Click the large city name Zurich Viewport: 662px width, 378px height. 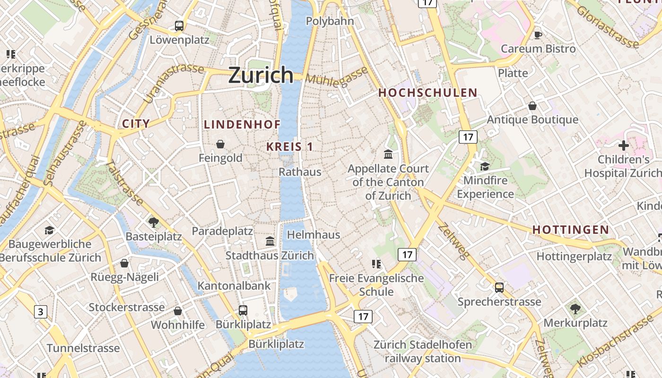point(261,75)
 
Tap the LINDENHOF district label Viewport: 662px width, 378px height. point(242,124)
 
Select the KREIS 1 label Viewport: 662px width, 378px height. point(289,146)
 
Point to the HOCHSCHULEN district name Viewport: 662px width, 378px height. point(428,93)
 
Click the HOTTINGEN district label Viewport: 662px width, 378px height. point(571,230)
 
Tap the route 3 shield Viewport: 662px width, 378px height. point(41,312)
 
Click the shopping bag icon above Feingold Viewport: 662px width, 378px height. point(220,144)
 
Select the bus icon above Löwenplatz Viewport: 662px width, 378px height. point(179,26)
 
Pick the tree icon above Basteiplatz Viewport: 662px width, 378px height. point(153,222)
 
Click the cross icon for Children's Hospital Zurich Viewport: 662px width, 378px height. point(624,146)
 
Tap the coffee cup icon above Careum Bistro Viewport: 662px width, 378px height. point(538,34)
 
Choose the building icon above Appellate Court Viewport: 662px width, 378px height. point(388,154)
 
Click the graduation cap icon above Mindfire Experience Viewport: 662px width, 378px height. point(485,166)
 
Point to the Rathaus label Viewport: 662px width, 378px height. point(300,172)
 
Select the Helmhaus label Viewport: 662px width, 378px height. point(314,234)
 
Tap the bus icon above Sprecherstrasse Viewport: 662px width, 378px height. point(499,287)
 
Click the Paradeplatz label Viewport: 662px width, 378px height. point(222,231)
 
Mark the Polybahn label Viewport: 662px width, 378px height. point(330,21)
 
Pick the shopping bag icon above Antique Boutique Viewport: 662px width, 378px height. point(532,105)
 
